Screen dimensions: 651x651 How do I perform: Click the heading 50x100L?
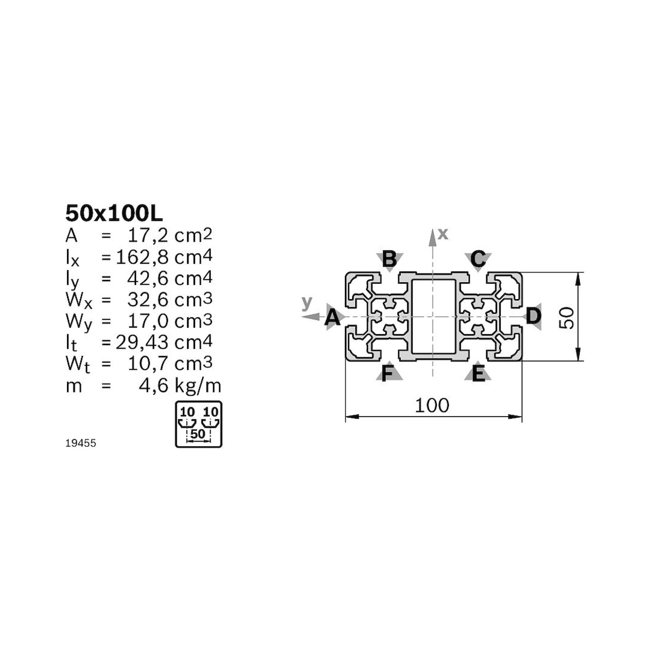pyautogui.click(x=114, y=214)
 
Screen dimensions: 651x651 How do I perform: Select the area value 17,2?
pyautogui.click(x=147, y=236)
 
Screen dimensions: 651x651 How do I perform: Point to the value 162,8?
pyautogui.click(x=142, y=257)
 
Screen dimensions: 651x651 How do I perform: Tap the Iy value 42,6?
pyautogui.click(x=147, y=278)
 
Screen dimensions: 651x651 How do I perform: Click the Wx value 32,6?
pyautogui.click(x=147, y=299)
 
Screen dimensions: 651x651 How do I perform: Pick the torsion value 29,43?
pyautogui.click(x=142, y=342)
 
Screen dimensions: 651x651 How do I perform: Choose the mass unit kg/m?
pyautogui.click(x=198, y=385)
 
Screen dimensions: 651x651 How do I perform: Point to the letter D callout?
pyautogui.click(x=533, y=316)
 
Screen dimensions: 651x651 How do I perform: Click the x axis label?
pyautogui.click(x=443, y=233)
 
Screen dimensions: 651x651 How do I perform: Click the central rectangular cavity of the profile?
pyautogui.click(x=434, y=316)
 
